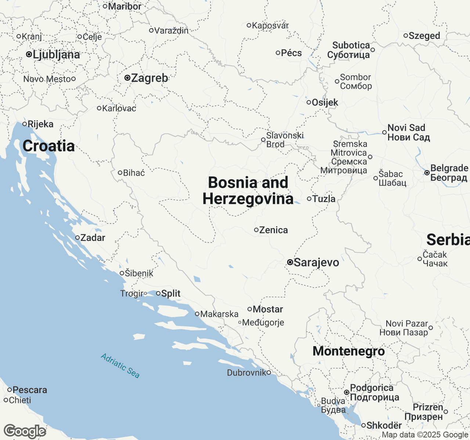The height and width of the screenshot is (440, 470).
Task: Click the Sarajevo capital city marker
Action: click(290, 262)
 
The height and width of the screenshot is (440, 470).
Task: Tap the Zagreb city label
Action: click(149, 78)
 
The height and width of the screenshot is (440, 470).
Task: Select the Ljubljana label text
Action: click(56, 55)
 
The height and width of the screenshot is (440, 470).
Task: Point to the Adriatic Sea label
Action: click(120, 366)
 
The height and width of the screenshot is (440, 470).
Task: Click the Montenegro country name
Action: click(348, 351)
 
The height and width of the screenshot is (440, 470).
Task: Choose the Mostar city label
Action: click(268, 309)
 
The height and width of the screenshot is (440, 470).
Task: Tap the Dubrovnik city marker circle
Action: click(269, 373)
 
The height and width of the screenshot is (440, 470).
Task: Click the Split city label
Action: click(171, 293)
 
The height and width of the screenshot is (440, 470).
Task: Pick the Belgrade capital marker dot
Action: click(427, 172)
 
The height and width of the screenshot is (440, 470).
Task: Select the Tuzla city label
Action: click(324, 199)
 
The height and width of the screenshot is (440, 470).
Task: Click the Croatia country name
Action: click(48, 146)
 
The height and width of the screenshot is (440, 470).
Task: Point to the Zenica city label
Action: click(274, 230)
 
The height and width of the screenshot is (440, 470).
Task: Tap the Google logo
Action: click(25, 431)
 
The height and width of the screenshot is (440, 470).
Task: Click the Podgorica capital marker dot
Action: click(346, 392)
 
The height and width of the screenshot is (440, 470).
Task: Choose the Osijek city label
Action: click(325, 102)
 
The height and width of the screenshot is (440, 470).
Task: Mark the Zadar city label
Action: click(93, 238)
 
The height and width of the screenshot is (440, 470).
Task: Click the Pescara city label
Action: click(30, 390)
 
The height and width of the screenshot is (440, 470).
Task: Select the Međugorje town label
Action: click(263, 323)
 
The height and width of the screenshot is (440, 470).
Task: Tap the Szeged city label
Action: click(424, 36)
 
